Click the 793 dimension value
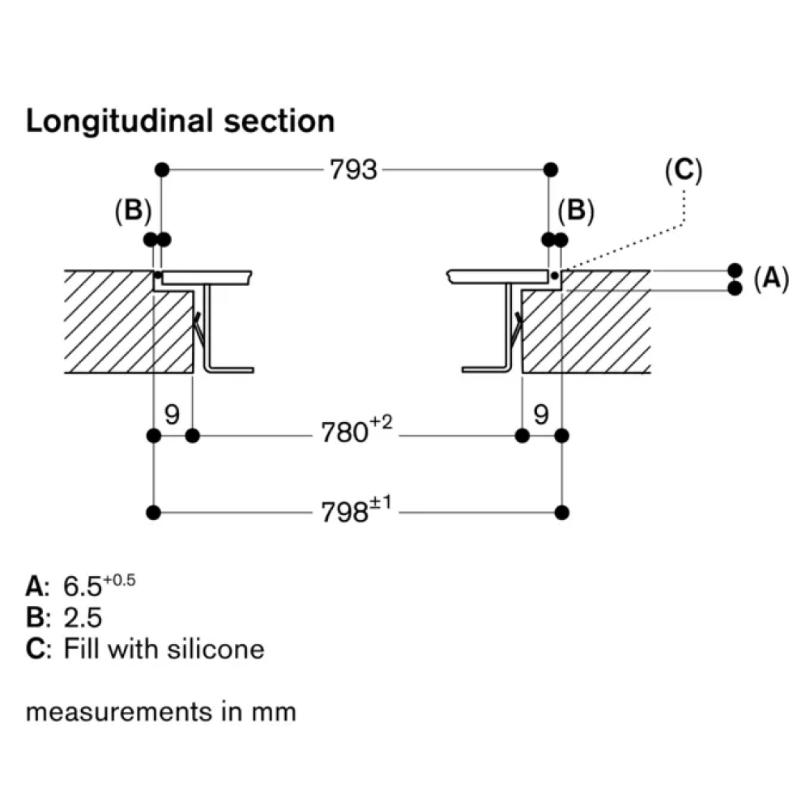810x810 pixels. coord(354,169)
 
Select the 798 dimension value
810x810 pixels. coord(346,512)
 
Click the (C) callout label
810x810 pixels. coord(683,170)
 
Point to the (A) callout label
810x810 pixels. coord(770,279)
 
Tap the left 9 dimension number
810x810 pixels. coord(172,415)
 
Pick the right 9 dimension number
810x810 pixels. coord(541,415)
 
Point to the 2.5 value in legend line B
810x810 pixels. coord(83,618)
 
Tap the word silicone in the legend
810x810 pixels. coord(218,649)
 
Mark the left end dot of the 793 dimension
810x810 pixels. coord(162,169)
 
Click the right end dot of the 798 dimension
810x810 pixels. coord(563,512)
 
